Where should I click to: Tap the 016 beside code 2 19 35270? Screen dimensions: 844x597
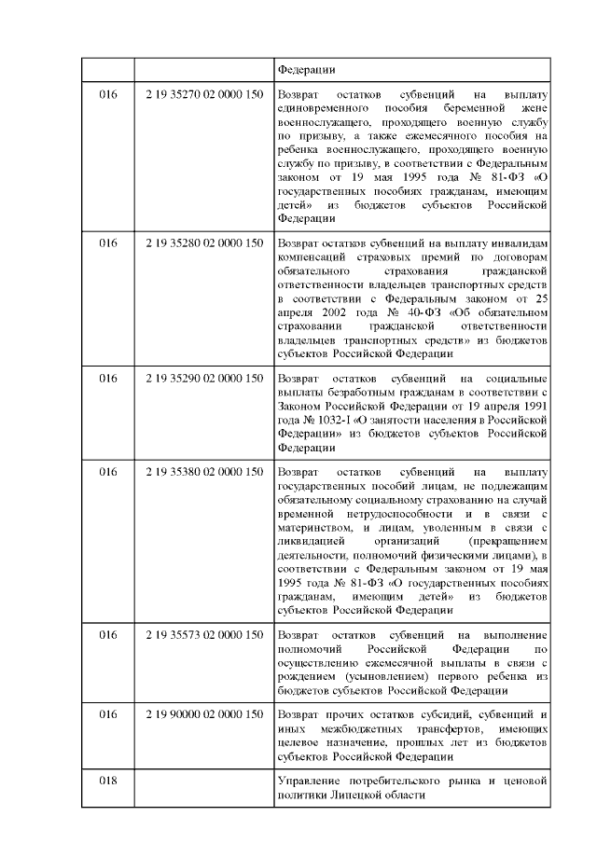coord(108,94)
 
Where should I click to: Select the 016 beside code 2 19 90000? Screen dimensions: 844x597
coord(108,714)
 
